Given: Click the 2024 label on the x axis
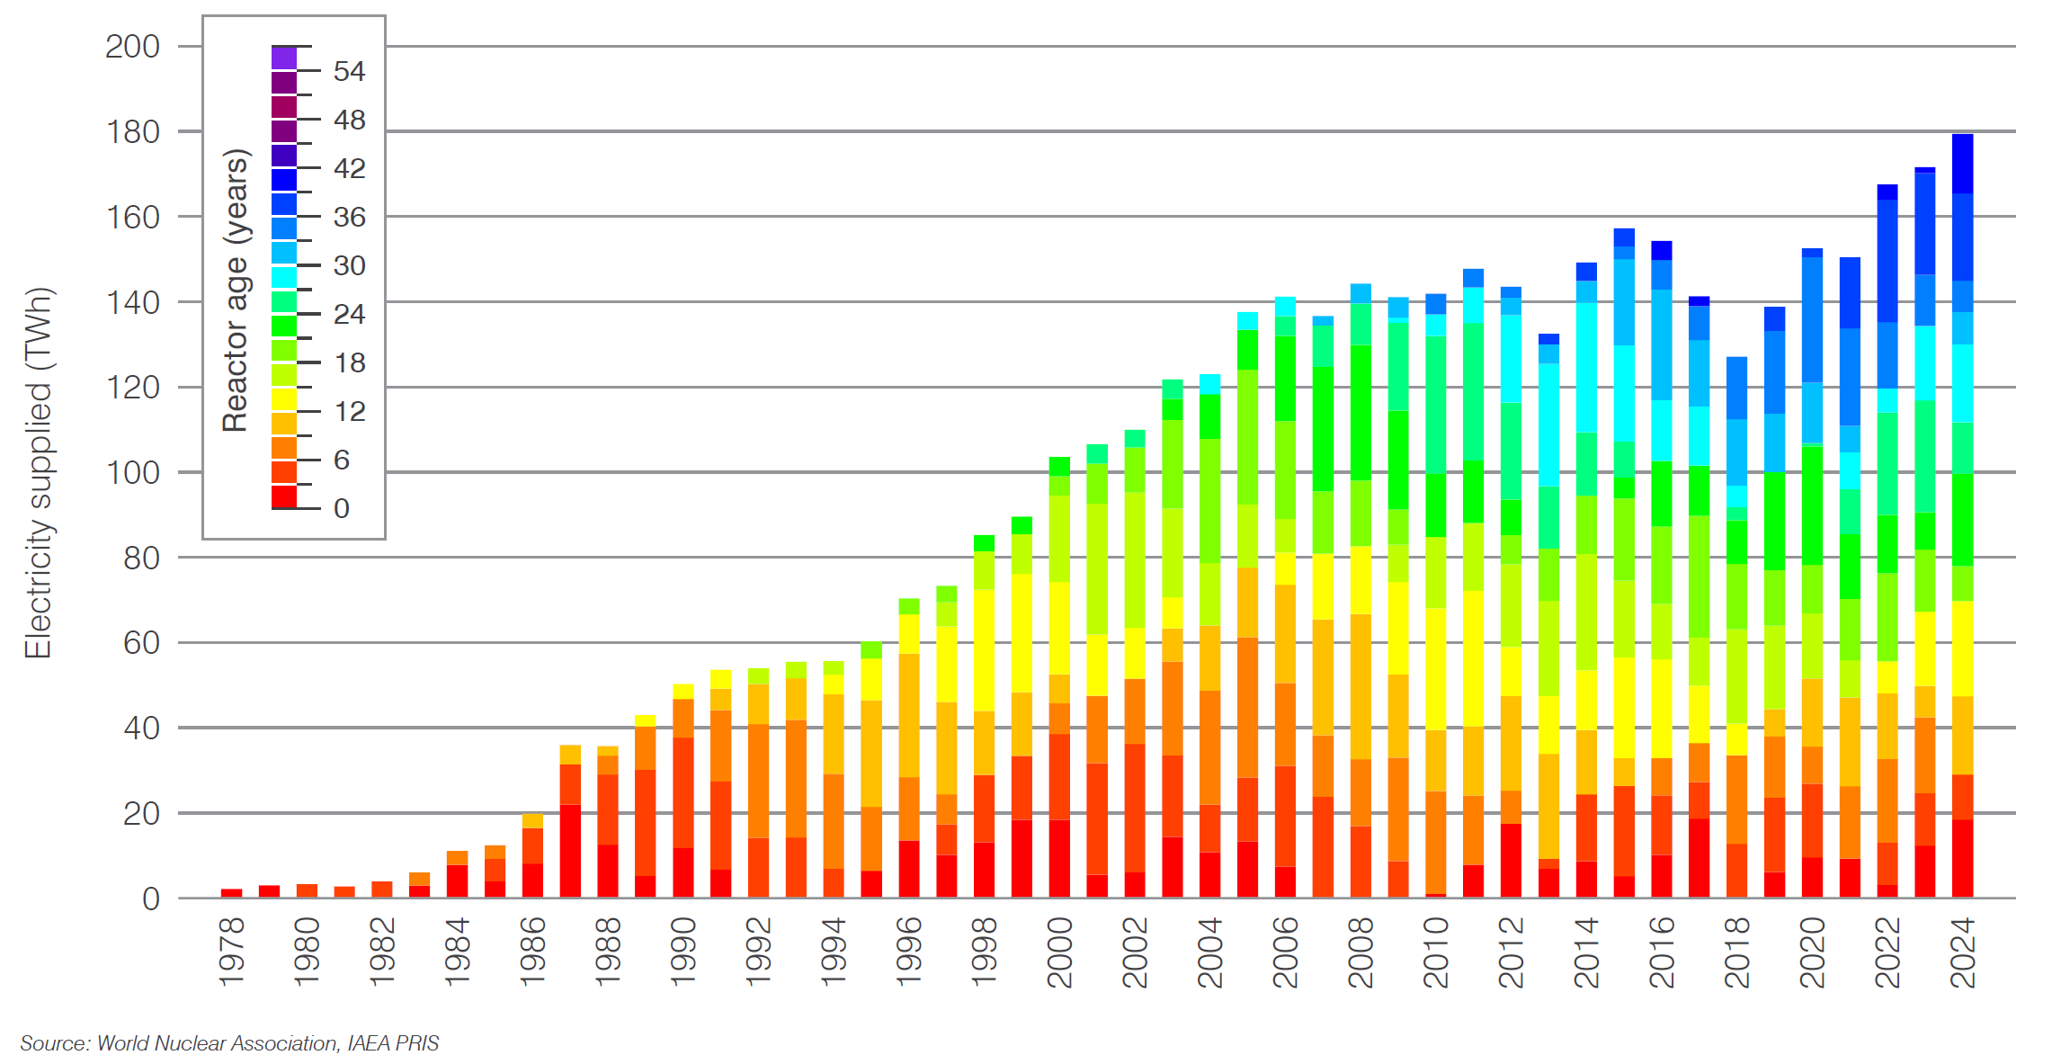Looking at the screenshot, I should coord(1962,952).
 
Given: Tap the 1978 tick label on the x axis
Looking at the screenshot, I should coord(231,952).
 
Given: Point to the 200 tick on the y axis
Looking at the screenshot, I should coord(133,47).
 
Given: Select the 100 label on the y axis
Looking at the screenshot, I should coord(133,473).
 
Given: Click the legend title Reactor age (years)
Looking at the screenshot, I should coord(236,291).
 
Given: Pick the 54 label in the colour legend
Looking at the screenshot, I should coord(349,72).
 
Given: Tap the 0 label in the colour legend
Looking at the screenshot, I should coord(342,509).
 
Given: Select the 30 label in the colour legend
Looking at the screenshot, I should coord(349,266).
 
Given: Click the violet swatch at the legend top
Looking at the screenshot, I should coord(284,58).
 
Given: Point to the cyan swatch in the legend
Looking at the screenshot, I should coord(284,277).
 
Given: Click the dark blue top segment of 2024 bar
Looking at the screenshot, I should coord(1962,164).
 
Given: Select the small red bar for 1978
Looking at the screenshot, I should coord(231,893).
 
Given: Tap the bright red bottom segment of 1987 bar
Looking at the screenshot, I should coord(570,851).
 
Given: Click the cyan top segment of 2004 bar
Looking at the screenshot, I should coord(1209,384).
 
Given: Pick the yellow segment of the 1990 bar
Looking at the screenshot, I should coord(683,692).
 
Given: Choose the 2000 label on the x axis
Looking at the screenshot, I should coord(1059,952).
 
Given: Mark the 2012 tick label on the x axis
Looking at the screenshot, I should coord(1511,952).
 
